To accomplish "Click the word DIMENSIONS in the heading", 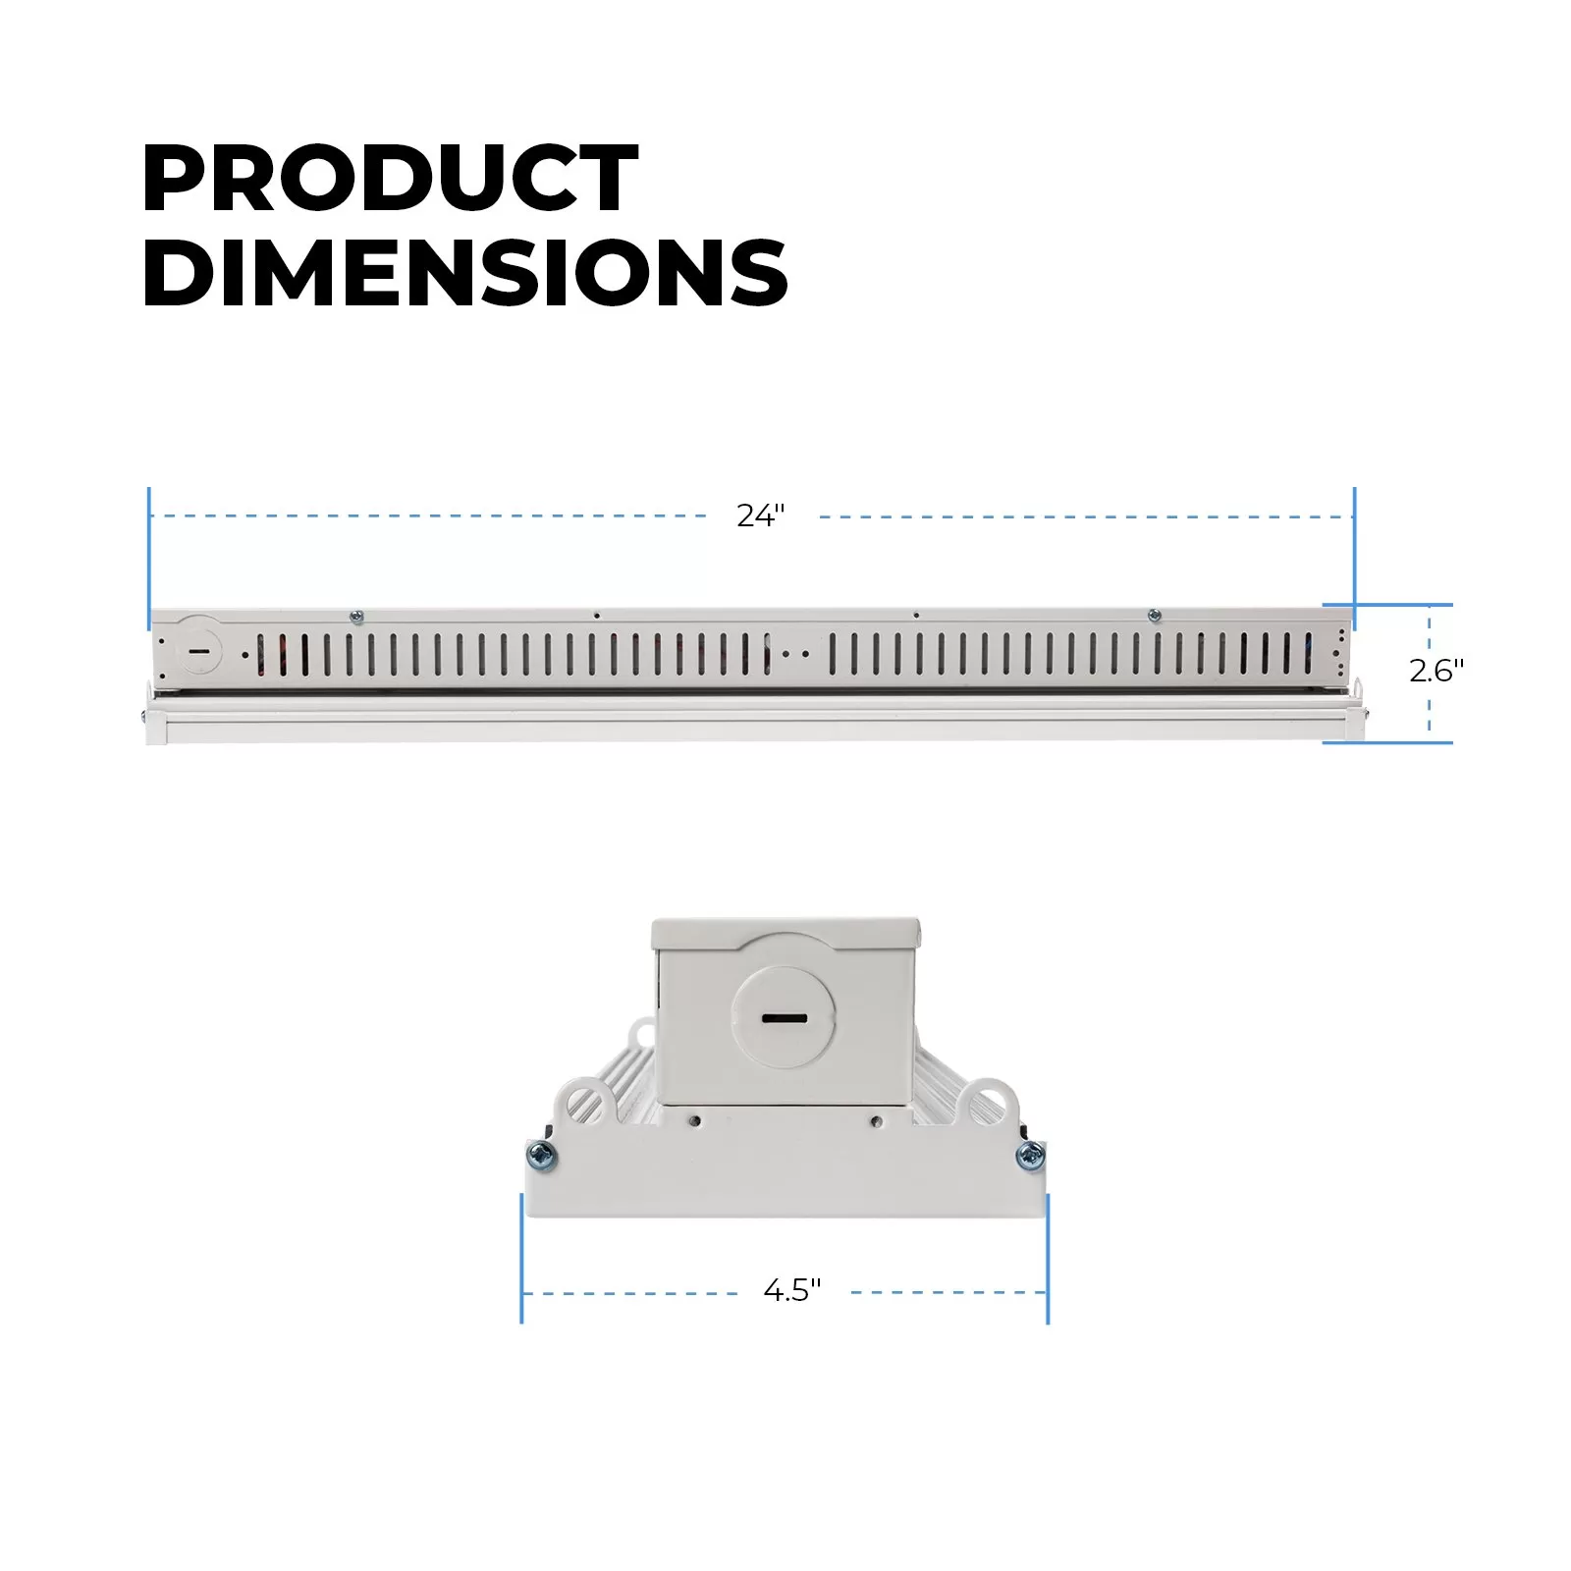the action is coord(465,271).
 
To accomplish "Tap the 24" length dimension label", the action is coord(762,515).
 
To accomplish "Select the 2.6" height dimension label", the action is coord(1436,671).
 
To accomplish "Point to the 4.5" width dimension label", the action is coord(792,1290).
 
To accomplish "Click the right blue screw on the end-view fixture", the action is coord(1030,1156).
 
